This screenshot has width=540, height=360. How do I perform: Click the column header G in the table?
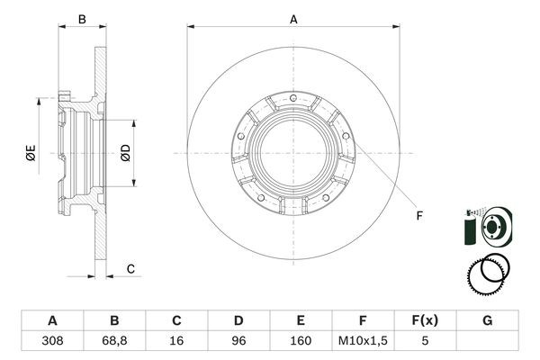click(487, 320)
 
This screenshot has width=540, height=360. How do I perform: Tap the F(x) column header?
click(425, 320)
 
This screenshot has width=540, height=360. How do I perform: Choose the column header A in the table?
click(52, 320)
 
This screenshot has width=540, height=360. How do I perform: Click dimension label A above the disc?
click(293, 17)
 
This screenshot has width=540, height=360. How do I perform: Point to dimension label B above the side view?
click(81, 18)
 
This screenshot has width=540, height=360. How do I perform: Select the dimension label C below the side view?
click(130, 268)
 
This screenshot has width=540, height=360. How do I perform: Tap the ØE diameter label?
click(31, 154)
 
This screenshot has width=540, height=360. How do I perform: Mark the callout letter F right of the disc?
click(418, 214)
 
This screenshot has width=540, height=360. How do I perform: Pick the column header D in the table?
click(238, 320)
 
